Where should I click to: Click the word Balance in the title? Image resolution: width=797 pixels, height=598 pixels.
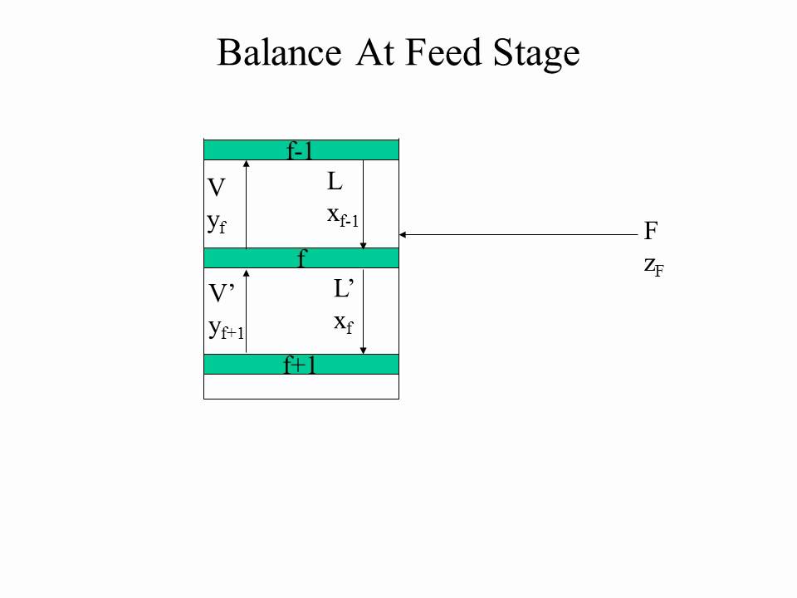click(279, 52)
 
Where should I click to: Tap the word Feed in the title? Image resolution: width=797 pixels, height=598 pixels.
click(443, 52)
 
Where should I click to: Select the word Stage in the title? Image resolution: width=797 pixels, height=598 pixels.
click(536, 54)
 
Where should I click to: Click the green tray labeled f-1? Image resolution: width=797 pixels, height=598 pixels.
click(301, 150)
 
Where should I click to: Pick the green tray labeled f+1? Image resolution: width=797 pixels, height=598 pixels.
click(301, 364)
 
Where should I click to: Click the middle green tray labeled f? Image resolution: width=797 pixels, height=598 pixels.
click(301, 257)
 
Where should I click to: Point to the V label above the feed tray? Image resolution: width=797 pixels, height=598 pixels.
click(216, 188)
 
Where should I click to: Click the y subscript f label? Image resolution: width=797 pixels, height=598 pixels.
click(217, 223)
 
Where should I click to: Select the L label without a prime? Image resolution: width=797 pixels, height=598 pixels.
click(335, 182)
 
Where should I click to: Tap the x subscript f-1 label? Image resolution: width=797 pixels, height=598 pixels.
click(343, 217)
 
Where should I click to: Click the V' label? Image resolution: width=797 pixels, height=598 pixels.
click(222, 293)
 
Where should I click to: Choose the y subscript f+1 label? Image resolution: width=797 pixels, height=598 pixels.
click(226, 329)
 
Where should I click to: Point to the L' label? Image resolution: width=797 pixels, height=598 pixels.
click(344, 288)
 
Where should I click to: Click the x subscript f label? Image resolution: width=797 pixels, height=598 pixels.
click(344, 323)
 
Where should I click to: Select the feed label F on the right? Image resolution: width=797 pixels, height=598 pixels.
click(651, 231)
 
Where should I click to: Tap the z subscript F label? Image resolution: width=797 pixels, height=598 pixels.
click(653, 267)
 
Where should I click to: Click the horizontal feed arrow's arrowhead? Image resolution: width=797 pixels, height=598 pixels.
click(402, 234)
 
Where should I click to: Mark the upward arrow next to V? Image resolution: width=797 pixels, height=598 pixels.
click(246, 204)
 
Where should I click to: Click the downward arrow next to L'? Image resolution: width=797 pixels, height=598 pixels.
click(363, 311)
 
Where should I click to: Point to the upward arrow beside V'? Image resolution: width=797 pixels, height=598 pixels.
click(246, 311)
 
